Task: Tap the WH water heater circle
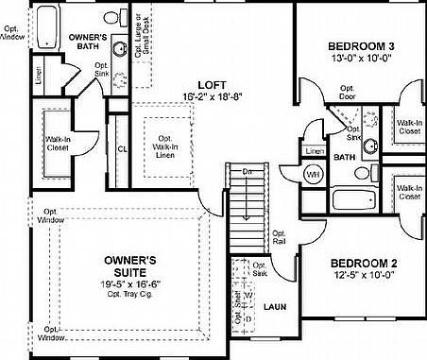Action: pyautogui.click(x=312, y=174)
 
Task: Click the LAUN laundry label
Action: pyautogui.click(x=275, y=307)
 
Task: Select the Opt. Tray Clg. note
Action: pyautogui.click(x=129, y=292)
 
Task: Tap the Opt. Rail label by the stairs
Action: pyautogui.click(x=279, y=237)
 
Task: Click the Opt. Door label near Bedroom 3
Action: pyautogui.click(x=346, y=92)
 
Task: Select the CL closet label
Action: pyautogui.click(x=122, y=148)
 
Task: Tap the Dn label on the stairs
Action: pyautogui.click(x=247, y=172)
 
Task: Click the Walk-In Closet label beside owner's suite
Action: pyautogui.click(x=57, y=146)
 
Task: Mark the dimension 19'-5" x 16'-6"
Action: pyautogui.click(x=129, y=281)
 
